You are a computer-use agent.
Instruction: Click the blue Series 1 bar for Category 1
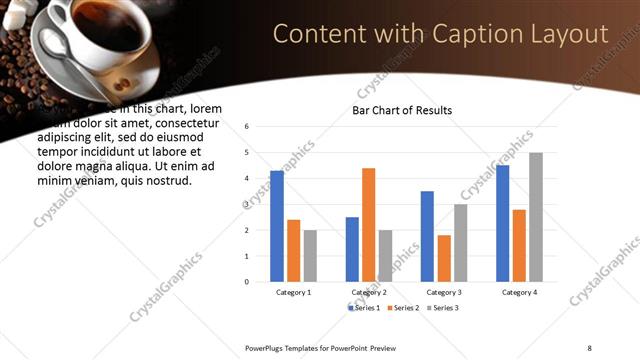pos(277,226)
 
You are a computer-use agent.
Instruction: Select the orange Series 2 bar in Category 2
pos(368,224)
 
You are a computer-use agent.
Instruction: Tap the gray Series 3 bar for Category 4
pos(536,217)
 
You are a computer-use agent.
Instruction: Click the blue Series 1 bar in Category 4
pos(502,223)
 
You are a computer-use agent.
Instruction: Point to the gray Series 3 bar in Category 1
pos(310,255)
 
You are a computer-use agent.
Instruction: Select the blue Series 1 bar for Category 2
pos(352,249)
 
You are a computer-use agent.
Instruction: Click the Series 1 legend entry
pos(365,308)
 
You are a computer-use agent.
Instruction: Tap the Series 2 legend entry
pos(401,308)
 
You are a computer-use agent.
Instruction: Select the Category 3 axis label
pos(443,292)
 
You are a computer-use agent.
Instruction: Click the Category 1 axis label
pos(293,292)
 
